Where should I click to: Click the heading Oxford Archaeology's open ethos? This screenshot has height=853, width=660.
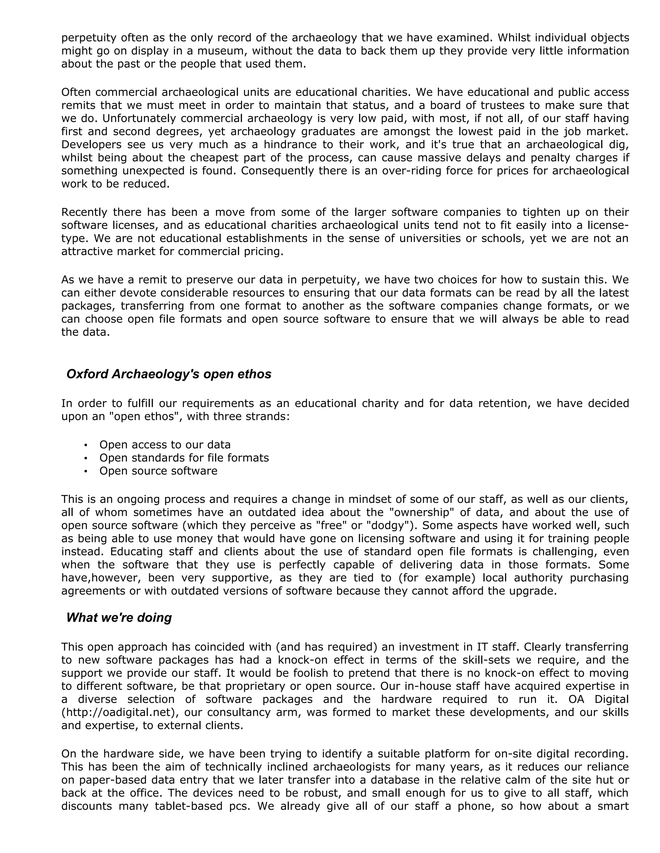(169, 374)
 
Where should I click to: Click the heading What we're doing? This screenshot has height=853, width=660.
(119, 617)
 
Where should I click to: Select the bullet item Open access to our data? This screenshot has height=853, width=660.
(165, 445)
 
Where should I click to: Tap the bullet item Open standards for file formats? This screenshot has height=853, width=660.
(184, 457)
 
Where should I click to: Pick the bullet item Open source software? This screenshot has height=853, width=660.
(158, 471)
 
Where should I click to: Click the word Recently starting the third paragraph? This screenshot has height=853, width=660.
(84, 212)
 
